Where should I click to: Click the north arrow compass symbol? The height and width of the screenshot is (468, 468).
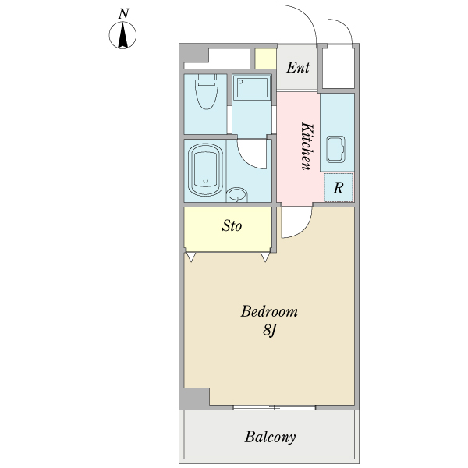point(122,35)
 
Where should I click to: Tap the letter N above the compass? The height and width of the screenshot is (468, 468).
point(123,14)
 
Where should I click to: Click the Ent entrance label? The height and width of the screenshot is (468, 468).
point(298,67)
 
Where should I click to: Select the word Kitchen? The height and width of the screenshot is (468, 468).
point(307,146)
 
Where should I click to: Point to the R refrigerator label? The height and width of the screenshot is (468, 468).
point(339,188)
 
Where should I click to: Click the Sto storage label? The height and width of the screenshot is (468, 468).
point(232,226)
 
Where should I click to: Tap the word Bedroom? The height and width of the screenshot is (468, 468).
point(269,311)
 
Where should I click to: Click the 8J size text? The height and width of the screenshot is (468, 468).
point(270,331)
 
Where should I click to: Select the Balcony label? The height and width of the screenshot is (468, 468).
point(270,438)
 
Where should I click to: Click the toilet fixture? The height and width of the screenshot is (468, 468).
point(206,91)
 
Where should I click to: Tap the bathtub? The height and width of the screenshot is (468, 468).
point(206,170)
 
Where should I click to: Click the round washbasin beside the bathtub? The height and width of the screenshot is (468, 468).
point(237,195)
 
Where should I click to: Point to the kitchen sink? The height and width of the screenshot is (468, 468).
point(335,149)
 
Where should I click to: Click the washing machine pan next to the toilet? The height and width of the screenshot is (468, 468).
point(252,87)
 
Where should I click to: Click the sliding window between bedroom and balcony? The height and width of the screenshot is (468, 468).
point(274,407)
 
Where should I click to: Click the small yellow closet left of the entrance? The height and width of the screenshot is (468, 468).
point(265,58)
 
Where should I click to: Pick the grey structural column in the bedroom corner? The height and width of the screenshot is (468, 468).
point(194,399)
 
